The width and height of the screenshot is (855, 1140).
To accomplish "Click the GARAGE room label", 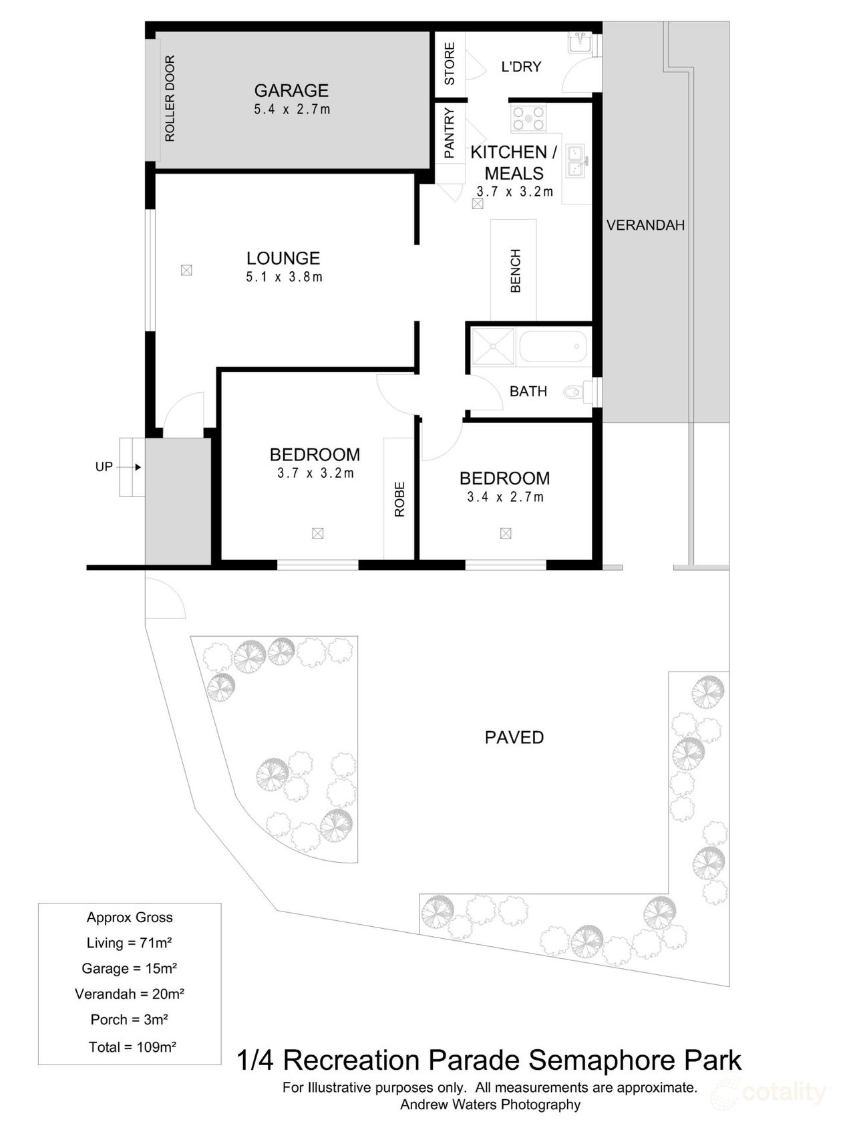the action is click(x=292, y=90).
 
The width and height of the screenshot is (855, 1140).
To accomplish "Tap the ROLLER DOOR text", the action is click(x=170, y=98).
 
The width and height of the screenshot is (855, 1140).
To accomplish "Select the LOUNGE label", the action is click(x=283, y=258).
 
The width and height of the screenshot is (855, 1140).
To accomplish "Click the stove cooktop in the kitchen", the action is click(x=528, y=118).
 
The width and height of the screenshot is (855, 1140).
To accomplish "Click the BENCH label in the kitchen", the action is click(x=515, y=271).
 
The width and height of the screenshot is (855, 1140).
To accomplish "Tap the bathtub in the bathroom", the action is click(x=553, y=347).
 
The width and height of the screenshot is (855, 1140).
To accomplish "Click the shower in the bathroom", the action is click(x=493, y=347).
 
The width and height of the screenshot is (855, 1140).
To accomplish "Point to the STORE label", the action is click(x=450, y=63).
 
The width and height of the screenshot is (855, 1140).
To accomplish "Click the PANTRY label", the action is click(x=449, y=134).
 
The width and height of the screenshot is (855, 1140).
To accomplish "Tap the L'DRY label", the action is click(x=521, y=67).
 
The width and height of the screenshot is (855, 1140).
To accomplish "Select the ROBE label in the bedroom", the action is click(x=399, y=499).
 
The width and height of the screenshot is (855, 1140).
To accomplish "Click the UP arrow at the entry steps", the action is click(x=138, y=467).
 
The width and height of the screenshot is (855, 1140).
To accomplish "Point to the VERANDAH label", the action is click(x=645, y=225).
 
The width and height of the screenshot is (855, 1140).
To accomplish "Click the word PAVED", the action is click(x=514, y=737).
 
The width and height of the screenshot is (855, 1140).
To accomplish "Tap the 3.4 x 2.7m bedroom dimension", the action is click(x=505, y=497).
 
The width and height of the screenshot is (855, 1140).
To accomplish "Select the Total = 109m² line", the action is click(x=132, y=1047).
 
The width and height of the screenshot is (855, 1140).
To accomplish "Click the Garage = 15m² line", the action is click(x=129, y=968).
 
